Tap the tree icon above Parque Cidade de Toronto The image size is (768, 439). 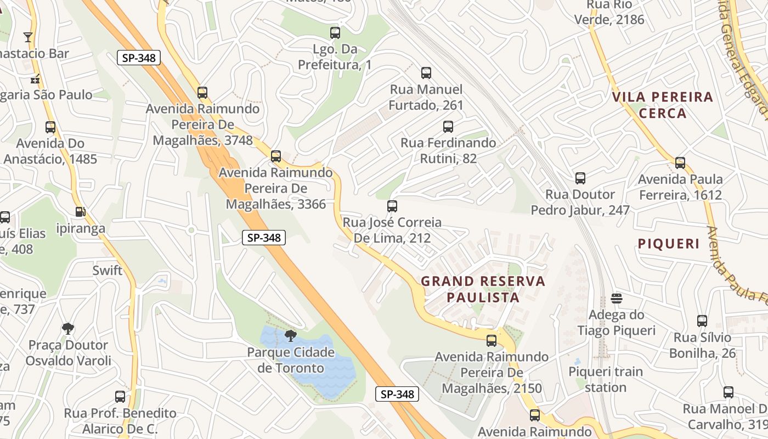click(291, 335)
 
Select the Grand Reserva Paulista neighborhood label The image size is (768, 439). click(483, 290)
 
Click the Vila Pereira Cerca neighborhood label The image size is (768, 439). click(663, 105)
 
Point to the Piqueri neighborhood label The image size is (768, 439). click(669, 244)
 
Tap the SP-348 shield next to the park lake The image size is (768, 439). click(397, 394)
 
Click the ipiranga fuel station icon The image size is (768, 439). click(80, 212)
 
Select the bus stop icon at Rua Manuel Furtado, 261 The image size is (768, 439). click(426, 73)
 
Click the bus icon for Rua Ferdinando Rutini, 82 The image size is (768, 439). click(448, 127)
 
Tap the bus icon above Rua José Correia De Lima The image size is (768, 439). click(392, 206)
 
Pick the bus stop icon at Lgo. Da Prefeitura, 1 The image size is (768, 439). click(335, 33)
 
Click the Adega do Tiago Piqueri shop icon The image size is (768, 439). click(617, 299)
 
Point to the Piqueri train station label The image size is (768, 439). click(606, 379)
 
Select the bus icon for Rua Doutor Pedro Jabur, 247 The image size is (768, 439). click(580, 178)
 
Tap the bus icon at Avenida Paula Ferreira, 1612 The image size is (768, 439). click(680, 163)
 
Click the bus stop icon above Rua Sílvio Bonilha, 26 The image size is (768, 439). click(702, 321)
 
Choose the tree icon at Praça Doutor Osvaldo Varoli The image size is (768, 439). click(68, 329)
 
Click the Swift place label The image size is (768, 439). click(108, 270)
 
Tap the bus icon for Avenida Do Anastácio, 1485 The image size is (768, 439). click(50, 127)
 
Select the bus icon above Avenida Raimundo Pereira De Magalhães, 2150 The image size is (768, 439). click(492, 341)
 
